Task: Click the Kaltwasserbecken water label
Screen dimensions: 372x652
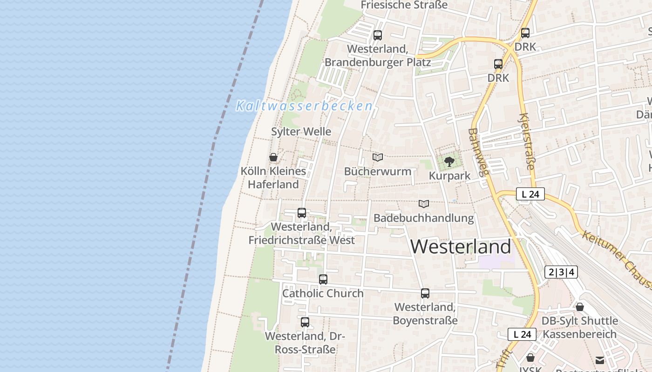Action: coord(305,106)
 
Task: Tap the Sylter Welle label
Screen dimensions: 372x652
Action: coord(301,132)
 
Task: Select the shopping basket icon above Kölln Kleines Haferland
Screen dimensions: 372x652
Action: coord(273,157)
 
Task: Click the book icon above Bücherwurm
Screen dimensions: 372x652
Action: coord(378,157)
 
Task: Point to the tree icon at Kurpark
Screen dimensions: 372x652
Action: coord(449,162)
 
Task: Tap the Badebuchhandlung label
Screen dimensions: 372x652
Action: coord(423,218)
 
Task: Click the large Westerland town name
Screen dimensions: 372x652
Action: coord(461,246)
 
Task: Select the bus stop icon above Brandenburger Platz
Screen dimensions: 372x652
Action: coord(378,35)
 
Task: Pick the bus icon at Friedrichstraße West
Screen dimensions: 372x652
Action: coord(302,213)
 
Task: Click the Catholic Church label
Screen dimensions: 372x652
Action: coord(323,293)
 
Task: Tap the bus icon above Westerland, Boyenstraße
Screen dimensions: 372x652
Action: coord(425,293)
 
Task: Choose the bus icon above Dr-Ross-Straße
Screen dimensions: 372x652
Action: coord(305,322)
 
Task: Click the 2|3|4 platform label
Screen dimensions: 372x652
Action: coord(561,272)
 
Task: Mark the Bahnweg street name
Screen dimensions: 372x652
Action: coord(479,152)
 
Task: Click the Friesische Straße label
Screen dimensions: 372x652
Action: coord(404,5)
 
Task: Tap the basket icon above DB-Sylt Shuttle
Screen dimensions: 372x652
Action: coord(580,307)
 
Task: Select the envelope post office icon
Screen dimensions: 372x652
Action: coord(600,360)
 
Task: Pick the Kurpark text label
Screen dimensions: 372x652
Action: coord(449,176)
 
